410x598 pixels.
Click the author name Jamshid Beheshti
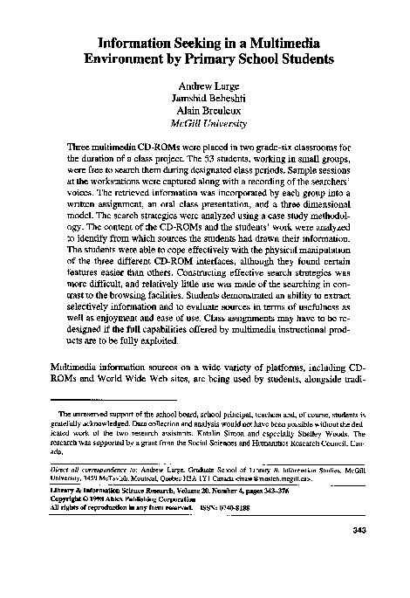[x=206, y=103]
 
